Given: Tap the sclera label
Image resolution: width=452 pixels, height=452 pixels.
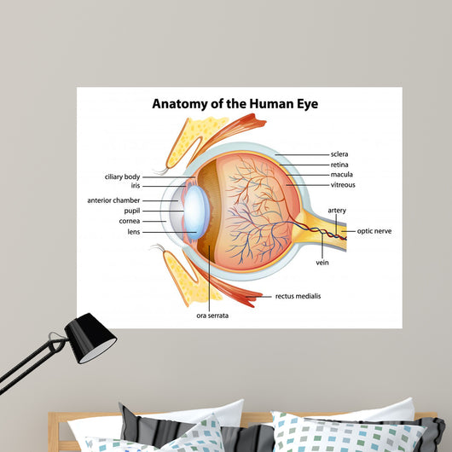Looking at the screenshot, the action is [339, 154].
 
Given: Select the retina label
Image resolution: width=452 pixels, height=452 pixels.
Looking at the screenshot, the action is [339, 165].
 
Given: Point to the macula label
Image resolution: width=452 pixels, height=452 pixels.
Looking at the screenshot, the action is [342, 174].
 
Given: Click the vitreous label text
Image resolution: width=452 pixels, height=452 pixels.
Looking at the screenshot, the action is [343, 185].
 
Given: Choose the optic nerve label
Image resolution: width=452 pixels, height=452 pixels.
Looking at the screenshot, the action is [374, 231].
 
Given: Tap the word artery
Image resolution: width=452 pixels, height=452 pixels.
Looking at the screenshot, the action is [337, 211].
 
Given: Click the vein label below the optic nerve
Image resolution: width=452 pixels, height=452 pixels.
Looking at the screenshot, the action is [322, 263].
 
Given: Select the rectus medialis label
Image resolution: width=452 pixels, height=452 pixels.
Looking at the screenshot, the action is [298, 296].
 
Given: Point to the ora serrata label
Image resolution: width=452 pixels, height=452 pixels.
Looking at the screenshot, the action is [212, 316].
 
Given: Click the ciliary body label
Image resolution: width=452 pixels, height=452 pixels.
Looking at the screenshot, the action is [122, 177].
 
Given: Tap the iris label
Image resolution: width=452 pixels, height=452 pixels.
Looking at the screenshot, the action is [136, 185].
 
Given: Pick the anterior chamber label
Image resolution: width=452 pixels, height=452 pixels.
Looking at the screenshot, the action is [113, 200].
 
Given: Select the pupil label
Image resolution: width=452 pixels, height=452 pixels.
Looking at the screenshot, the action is [132, 211].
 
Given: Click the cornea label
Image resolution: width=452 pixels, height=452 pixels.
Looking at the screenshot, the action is [130, 221].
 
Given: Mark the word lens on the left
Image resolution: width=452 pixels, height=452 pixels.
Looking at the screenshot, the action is [134, 232].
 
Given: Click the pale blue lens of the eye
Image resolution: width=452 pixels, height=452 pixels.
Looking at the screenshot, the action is [194, 212].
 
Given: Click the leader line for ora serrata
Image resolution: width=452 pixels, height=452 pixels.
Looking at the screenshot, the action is [210, 277].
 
